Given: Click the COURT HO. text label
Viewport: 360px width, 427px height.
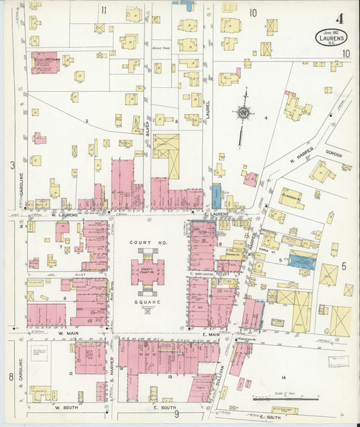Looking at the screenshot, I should [x=148, y=228].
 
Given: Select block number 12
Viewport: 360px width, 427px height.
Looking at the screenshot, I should [x=70, y=373].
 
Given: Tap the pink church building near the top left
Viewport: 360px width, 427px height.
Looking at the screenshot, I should [x=45, y=61].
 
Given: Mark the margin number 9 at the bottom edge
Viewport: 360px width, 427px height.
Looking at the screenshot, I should [x=176, y=414].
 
